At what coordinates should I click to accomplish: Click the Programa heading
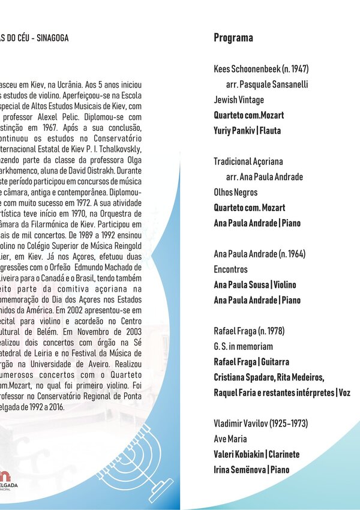pos(233,38)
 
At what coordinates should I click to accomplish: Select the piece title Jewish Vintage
pos(239,100)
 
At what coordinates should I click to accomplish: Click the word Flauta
pos(269,130)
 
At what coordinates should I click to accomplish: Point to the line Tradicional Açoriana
pos(248,161)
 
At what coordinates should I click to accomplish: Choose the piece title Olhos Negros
pos(236,193)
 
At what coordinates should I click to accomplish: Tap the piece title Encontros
pos(230,269)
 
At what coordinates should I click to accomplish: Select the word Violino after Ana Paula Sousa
pos(285,285)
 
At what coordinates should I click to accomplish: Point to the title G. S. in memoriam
pos(243,347)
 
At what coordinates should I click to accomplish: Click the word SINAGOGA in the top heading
pos(53,38)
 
